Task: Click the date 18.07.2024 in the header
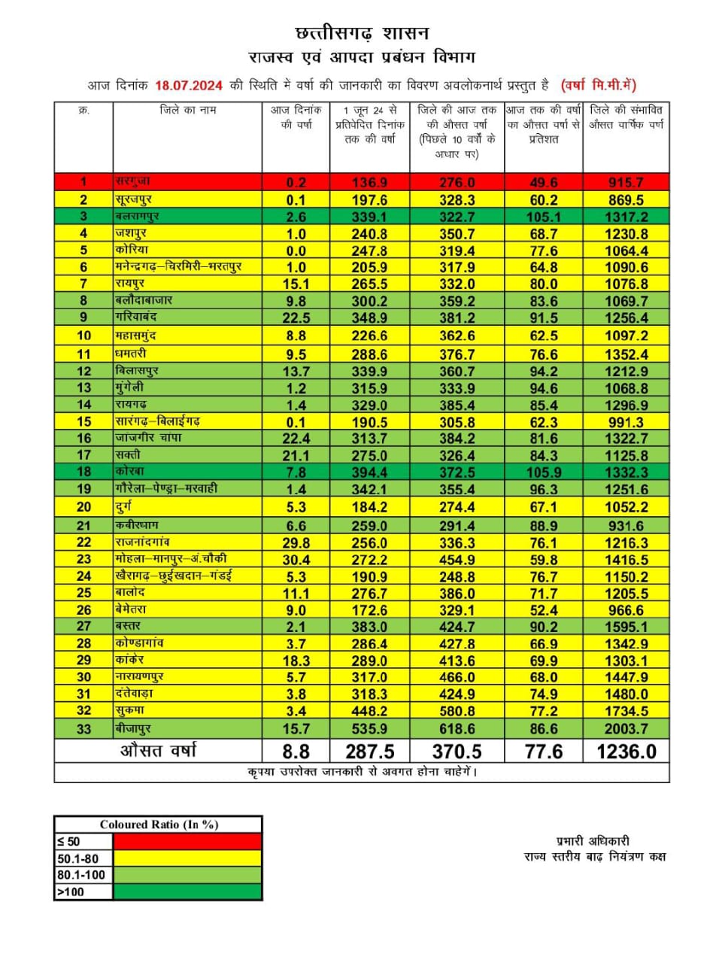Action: point(188,85)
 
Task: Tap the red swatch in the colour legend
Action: point(187,842)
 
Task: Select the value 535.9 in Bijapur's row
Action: point(369,728)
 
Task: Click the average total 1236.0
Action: point(626,751)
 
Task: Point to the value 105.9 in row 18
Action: point(543,472)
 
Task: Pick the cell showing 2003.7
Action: point(626,728)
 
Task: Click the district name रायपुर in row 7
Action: point(130,283)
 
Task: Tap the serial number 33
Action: point(83,728)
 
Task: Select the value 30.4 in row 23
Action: point(296,560)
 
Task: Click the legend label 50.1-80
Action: point(77,858)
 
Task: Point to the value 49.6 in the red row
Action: point(543,182)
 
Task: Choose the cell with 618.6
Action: point(457,728)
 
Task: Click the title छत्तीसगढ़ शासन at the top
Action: point(362,33)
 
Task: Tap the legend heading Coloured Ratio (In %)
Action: point(159,825)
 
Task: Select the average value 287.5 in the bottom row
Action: point(369,751)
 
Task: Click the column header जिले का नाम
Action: point(187,110)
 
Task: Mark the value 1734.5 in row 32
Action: point(626,711)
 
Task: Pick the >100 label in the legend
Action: point(71,892)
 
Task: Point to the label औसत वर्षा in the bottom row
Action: point(159,750)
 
